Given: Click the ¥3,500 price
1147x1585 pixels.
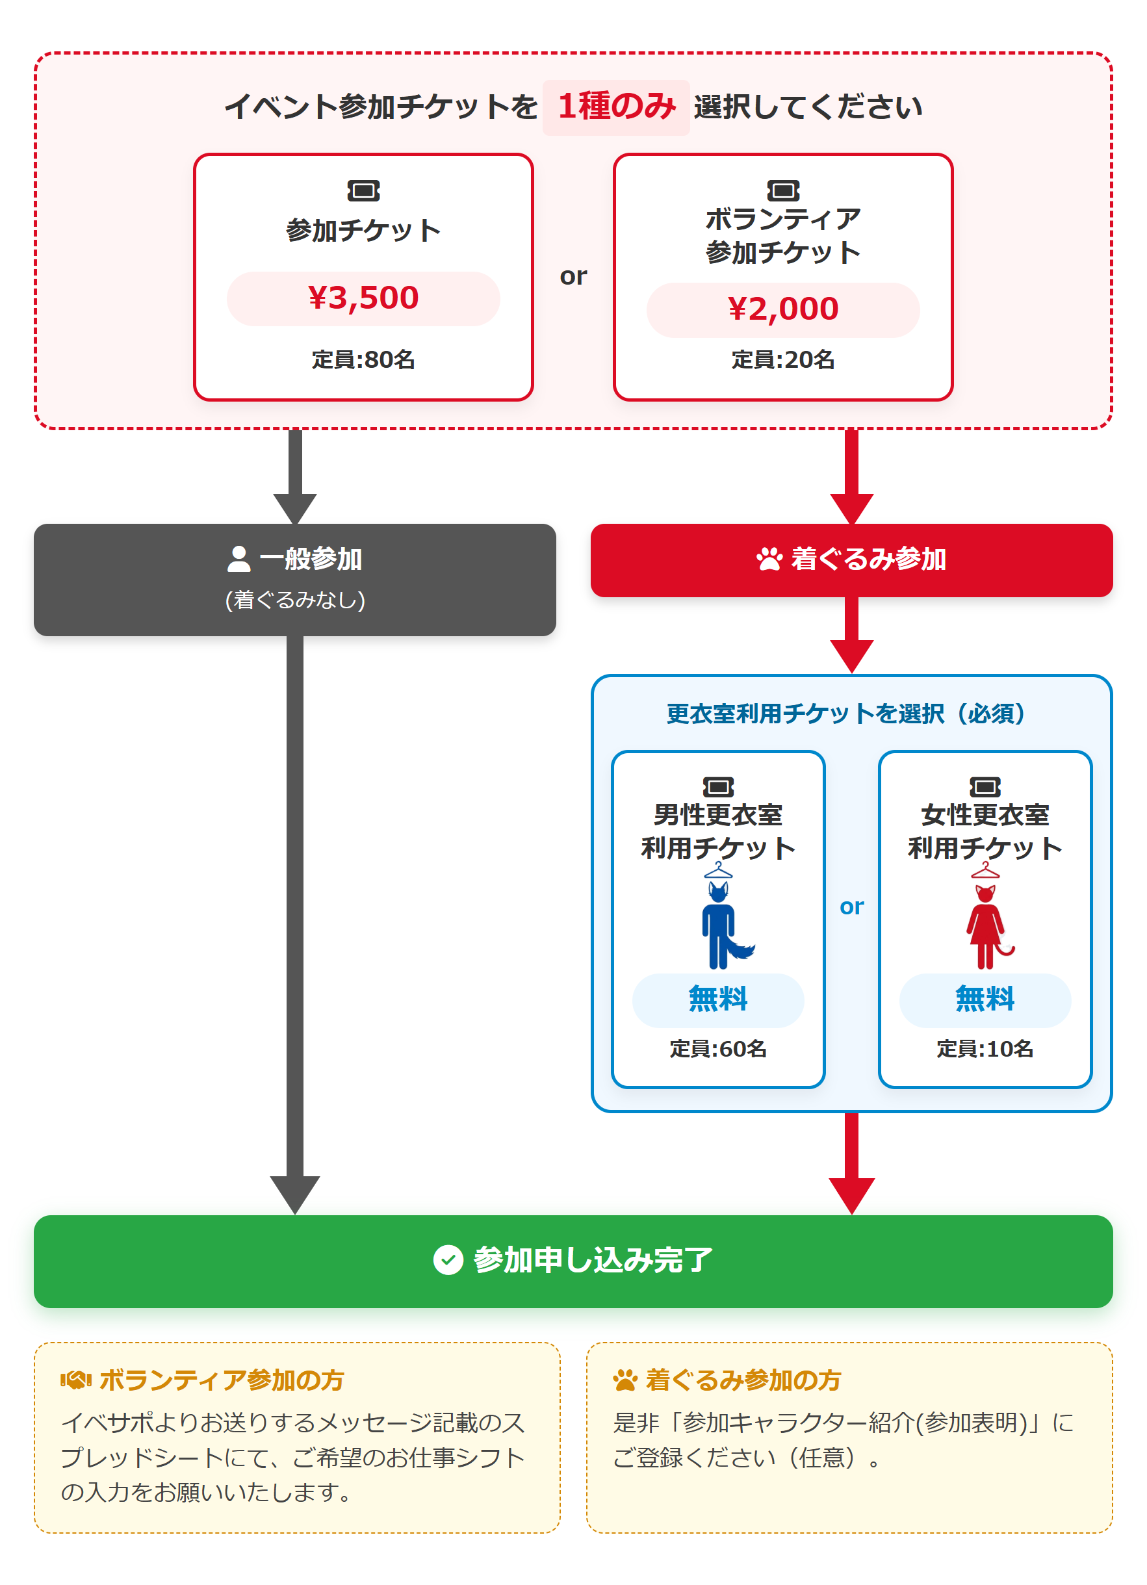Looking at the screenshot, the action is [x=363, y=298].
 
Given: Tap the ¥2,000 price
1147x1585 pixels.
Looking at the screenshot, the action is [x=783, y=309].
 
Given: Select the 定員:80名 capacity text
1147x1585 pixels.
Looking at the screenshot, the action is [x=363, y=360].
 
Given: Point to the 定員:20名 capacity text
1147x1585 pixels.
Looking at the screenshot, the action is [x=783, y=360].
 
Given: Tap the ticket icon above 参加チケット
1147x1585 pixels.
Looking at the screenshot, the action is [x=363, y=191].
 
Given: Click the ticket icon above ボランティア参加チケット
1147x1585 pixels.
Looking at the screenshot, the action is [x=783, y=191].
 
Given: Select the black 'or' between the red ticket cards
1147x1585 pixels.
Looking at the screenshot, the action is [x=573, y=277].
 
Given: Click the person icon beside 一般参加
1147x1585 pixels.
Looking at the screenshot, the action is [x=239, y=558].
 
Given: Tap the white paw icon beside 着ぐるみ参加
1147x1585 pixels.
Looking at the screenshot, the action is [x=769, y=558].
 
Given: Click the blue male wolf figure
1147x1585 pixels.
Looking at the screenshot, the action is [x=725, y=924].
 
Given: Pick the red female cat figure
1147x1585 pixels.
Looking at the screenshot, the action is [x=988, y=926].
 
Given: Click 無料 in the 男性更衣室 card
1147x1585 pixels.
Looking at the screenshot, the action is [x=718, y=999].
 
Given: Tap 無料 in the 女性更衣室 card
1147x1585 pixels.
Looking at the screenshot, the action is [x=985, y=999].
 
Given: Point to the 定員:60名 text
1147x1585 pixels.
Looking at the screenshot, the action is [x=718, y=1049].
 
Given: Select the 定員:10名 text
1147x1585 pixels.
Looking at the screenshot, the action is [x=985, y=1049].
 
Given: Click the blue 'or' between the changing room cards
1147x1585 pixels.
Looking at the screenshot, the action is [x=851, y=907].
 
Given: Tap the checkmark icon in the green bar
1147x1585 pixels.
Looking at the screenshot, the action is [x=448, y=1260].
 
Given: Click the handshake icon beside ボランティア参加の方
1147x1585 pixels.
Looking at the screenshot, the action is [x=75, y=1380].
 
